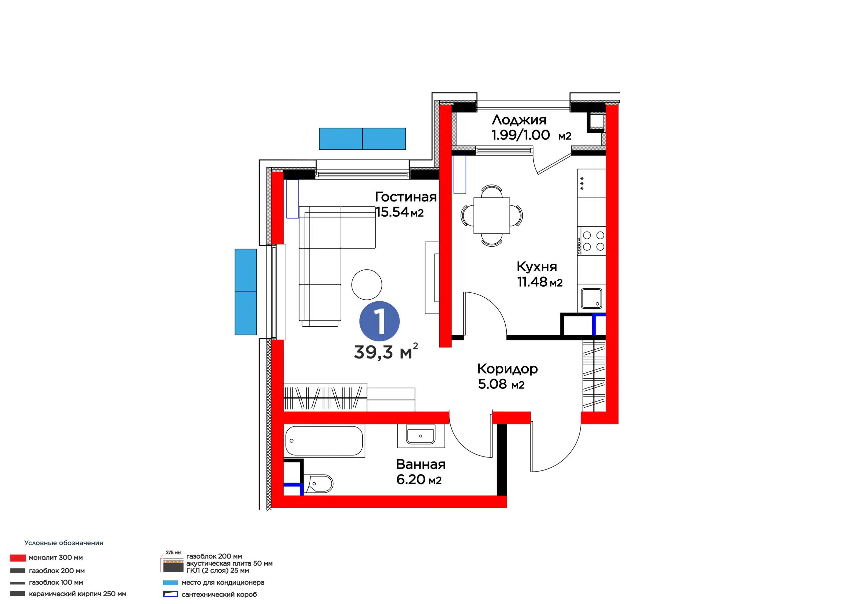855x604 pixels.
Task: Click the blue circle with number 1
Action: pos(379,321)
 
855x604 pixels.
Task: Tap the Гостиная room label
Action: pos(405,197)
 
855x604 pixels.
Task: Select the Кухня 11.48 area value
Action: pos(540,282)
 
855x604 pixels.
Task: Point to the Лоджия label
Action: pos(519,120)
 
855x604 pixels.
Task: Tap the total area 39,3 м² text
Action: pos(386,352)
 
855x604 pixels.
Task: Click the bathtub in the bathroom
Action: pos(324,440)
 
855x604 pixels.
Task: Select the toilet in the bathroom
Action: pos(318,484)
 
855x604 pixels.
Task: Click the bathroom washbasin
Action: pos(421,435)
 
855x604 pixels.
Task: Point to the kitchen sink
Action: pos(591,298)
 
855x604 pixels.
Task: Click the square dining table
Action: pos(492,216)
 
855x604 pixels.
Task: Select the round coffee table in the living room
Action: pos(367,285)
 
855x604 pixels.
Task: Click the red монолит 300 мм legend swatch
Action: pos(18,558)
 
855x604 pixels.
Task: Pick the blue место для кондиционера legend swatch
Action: pos(171,582)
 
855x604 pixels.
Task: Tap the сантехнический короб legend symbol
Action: pos(171,594)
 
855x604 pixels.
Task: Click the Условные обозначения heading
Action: pos(64,543)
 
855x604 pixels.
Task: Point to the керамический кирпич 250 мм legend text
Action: pos(77,594)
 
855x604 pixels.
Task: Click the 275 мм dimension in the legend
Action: pos(173,553)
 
